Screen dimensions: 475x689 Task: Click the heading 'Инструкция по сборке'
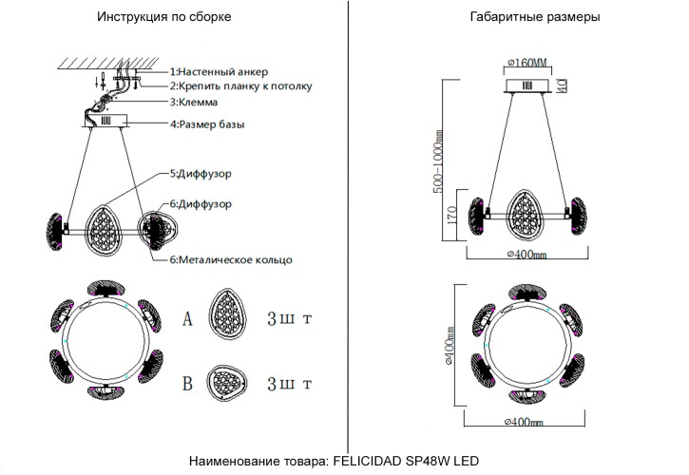click(163, 17)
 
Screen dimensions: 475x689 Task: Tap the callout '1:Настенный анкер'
click(219, 72)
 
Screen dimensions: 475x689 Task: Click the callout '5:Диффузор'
click(201, 175)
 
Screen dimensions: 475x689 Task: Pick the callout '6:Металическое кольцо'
click(230, 259)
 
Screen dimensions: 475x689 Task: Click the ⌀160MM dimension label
click(528, 63)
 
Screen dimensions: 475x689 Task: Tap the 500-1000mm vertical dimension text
click(440, 161)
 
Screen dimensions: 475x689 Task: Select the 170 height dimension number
click(453, 217)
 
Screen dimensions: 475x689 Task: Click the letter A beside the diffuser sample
click(187, 319)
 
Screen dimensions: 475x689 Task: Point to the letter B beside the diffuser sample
click(187, 384)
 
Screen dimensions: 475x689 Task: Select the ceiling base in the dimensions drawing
click(527, 86)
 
